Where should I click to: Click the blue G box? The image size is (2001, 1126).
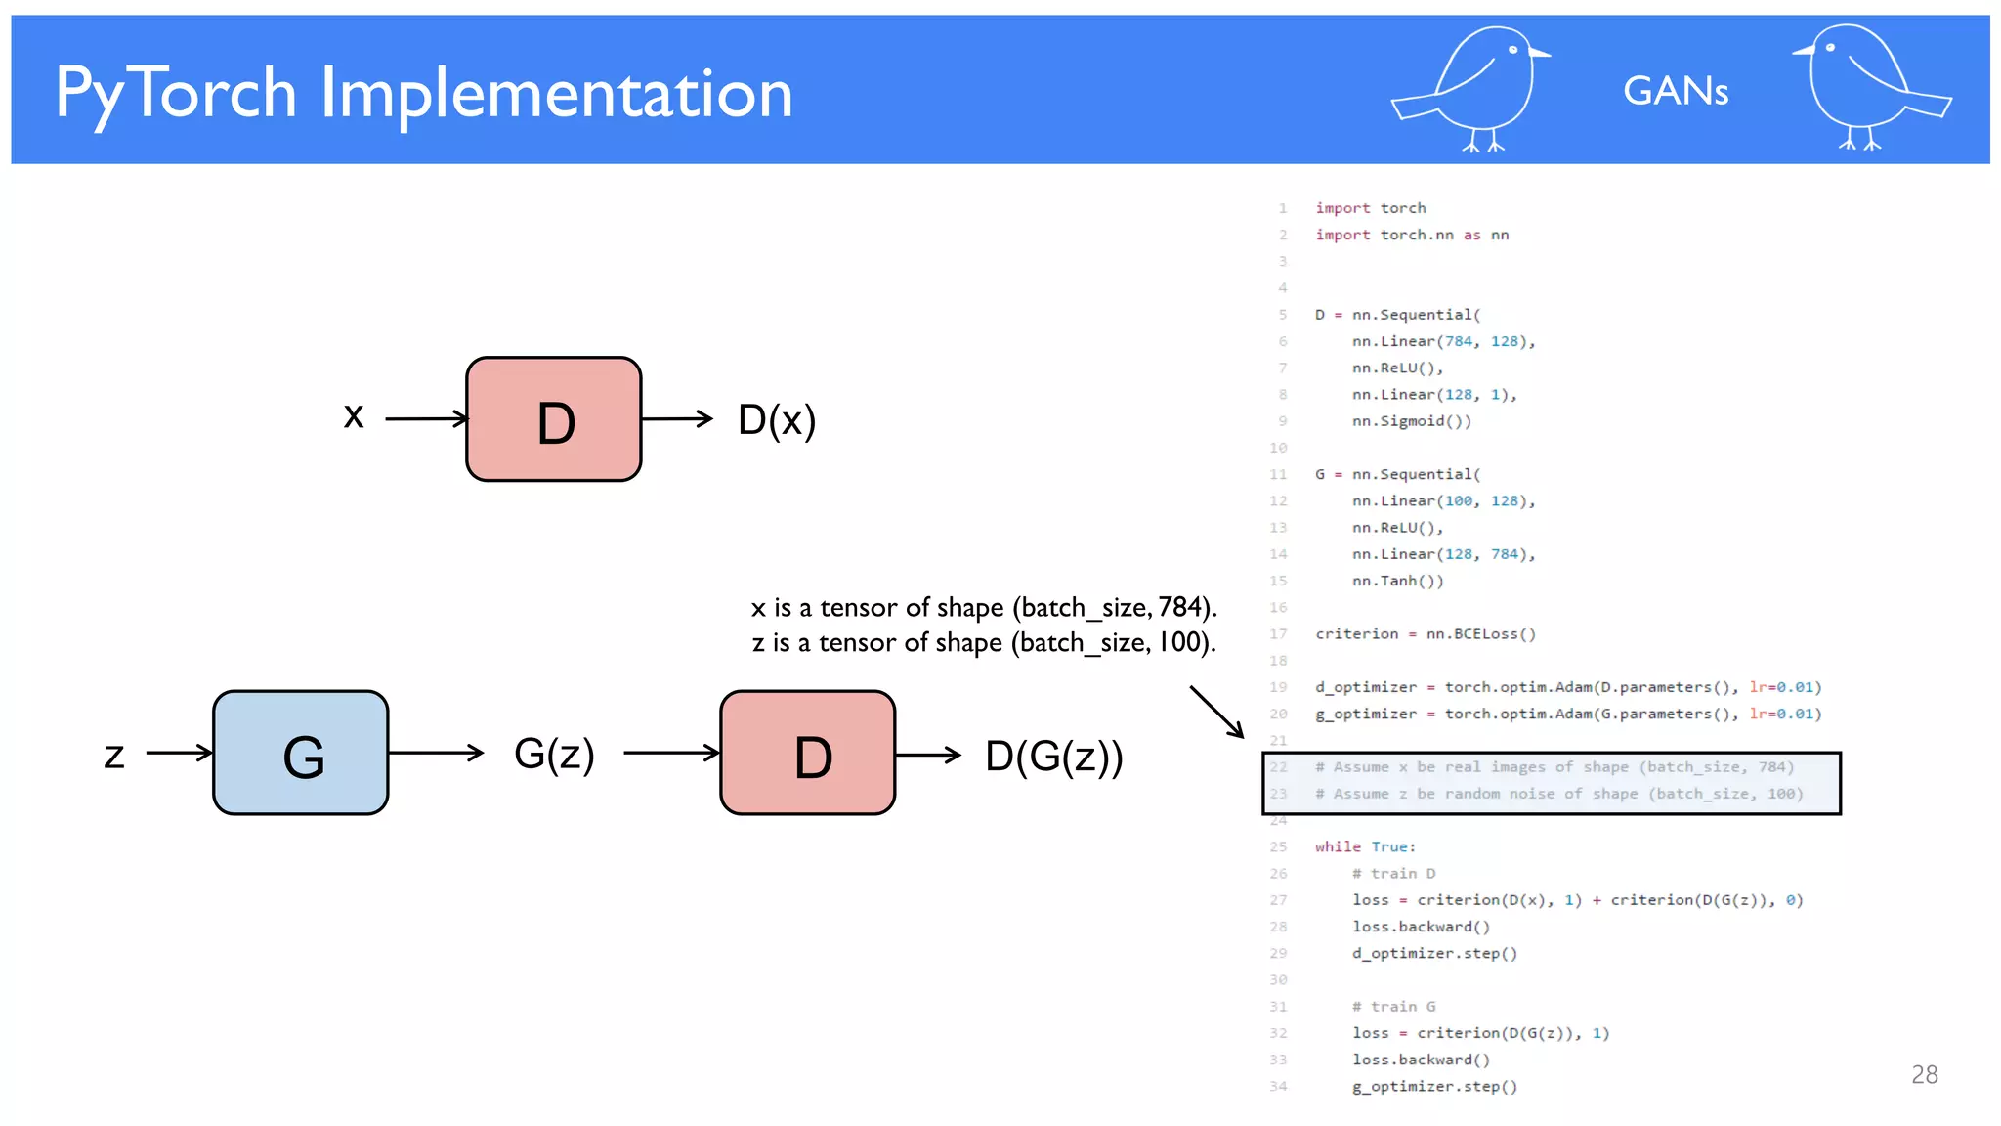[x=301, y=753]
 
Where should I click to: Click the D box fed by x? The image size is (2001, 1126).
[x=554, y=419]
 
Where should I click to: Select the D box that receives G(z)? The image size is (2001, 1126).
[x=808, y=753]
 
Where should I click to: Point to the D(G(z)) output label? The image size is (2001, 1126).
[x=1054, y=756]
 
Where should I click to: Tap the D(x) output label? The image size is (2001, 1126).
[x=777, y=420]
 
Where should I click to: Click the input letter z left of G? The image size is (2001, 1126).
[x=114, y=755]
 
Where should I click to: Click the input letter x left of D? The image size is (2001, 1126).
[x=354, y=416]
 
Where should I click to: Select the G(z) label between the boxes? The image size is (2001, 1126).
[x=554, y=754]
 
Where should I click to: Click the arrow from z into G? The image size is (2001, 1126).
[x=179, y=753]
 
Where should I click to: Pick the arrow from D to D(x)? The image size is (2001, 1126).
[x=677, y=419]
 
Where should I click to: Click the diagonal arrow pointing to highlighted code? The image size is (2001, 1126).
[x=1215, y=712]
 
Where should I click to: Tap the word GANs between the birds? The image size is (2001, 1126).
[x=1676, y=91]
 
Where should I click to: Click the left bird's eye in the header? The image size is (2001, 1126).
[x=1513, y=50]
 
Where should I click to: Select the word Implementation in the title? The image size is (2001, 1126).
[x=556, y=94]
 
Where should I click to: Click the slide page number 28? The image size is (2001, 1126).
[x=1924, y=1074]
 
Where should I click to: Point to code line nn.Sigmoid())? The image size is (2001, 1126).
[x=1411, y=421]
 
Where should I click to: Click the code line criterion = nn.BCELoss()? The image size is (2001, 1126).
[x=1425, y=634]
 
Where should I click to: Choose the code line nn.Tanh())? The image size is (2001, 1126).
[x=1397, y=581]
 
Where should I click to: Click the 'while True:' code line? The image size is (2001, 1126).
[x=1365, y=846]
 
